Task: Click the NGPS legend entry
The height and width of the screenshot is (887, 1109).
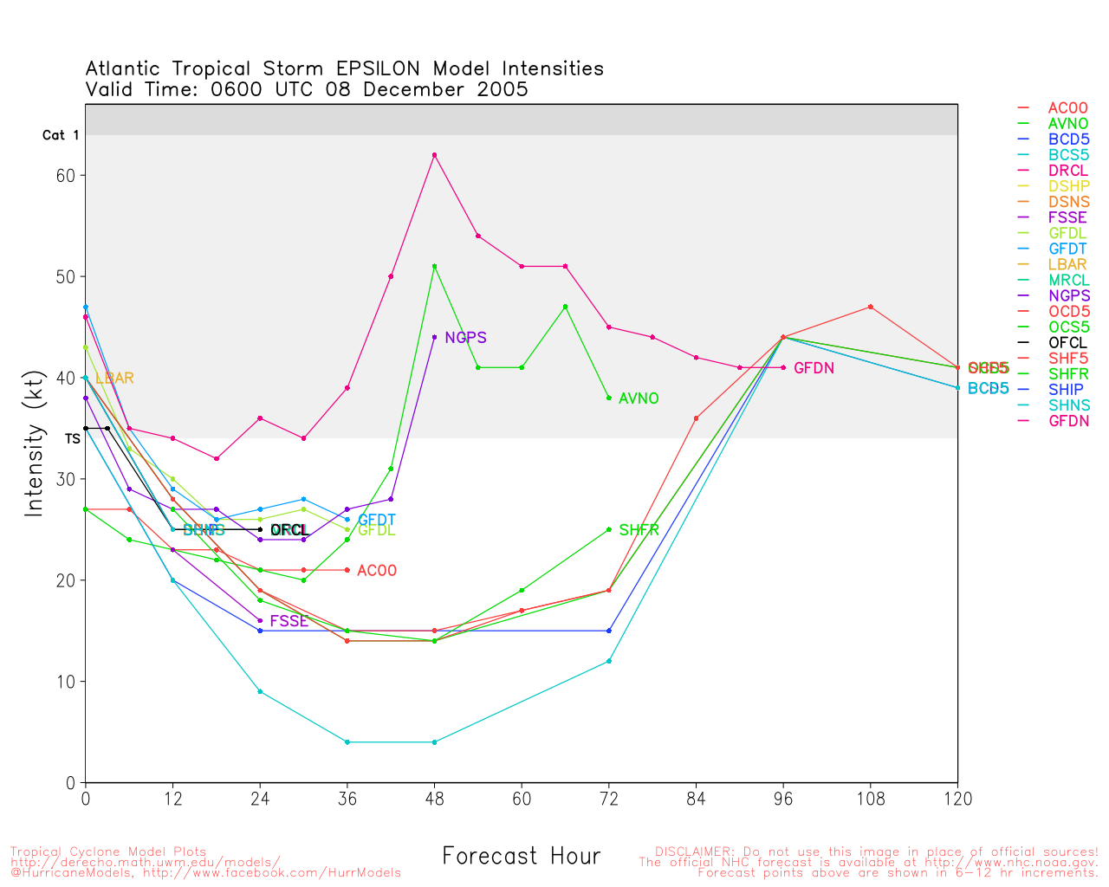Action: tap(1069, 296)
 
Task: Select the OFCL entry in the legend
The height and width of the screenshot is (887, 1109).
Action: tap(1067, 343)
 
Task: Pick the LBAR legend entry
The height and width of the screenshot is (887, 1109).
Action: tap(1067, 265)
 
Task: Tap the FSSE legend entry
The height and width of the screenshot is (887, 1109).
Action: tap(1067, 218)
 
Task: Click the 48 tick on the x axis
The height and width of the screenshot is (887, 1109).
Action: tap(434, 800)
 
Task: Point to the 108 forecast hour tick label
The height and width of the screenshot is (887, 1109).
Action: tap(870, 800)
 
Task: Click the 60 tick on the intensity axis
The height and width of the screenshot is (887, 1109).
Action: tap(66, 176)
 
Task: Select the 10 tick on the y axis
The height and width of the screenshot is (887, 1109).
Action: tap(66, 682)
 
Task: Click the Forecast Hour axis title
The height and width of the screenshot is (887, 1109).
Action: tap(521, 857)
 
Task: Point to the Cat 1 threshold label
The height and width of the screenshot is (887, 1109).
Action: tap(61, 135)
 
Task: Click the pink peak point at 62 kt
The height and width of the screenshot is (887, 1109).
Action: tap(434, 155)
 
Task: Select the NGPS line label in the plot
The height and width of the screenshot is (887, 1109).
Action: tap(465, 338)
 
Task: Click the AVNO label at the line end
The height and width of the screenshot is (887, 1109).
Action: tap(639, 398)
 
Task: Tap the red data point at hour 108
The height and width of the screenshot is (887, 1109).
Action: tap(870, 307)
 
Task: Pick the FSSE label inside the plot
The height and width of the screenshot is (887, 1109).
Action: tap(289, 621)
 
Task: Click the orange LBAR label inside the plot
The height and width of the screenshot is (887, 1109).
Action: tap(114, 379)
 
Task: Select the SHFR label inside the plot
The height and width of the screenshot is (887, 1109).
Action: tap(639, 530)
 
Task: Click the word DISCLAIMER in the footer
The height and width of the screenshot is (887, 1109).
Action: tap(692, 851)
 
